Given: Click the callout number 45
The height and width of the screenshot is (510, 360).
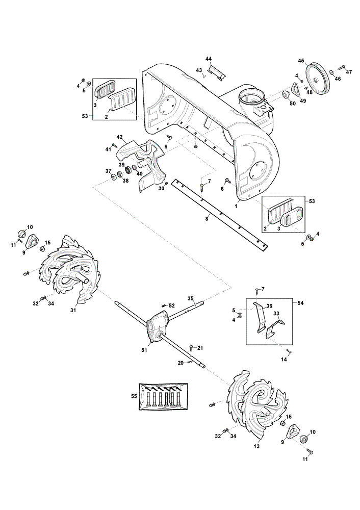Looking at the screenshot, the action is point(301,61).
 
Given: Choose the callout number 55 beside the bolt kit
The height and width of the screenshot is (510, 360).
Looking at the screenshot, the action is point(134,396).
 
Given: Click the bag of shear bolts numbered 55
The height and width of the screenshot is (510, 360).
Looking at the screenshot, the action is point(163,397).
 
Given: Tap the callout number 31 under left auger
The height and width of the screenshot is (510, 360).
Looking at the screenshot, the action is point(73,310).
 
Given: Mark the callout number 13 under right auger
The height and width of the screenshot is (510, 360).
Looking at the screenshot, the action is point(256,446).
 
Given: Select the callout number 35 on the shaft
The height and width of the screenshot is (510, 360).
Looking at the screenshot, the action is point(191,298).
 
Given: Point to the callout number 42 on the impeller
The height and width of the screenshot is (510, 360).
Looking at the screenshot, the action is point(119,137).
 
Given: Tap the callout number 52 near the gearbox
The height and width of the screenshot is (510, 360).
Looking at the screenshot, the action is point(172,305).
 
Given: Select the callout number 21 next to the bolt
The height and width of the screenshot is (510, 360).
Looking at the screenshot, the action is point(200,348).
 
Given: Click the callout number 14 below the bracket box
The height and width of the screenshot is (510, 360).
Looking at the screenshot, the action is point(284,360).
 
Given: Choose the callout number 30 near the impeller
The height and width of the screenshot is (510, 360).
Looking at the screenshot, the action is point(161,189).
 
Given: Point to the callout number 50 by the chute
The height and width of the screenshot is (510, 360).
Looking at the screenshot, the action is point(292,104).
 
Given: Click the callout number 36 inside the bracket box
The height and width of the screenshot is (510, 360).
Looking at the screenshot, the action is point(269,305).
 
